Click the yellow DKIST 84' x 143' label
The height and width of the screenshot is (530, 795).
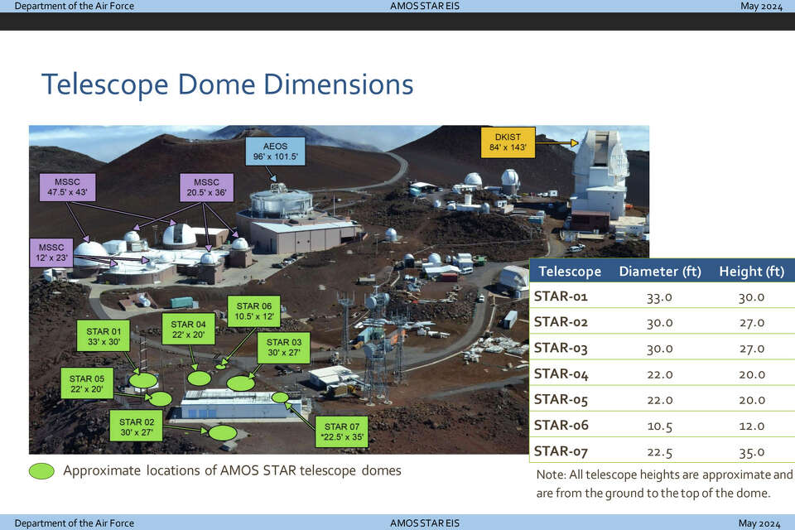click(x=508, y=142)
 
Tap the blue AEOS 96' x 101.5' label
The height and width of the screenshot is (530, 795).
click(x=275, y=152)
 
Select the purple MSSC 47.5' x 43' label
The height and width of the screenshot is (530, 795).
click(x=67, y=187)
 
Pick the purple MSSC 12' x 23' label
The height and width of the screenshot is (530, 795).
click(x=51, y=253)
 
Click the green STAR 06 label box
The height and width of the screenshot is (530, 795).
click(x=254, y=311)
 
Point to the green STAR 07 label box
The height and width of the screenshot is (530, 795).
click(x=342, y=431)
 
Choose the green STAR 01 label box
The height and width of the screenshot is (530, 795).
click(x=104, y=335)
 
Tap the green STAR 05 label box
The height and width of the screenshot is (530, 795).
click(x=87, y=384)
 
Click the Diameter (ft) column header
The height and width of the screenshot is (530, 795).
click(x=660, y=272)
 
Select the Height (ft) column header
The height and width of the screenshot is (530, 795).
click(x=751, y=272)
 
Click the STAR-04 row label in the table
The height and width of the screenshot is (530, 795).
click(x=561, y=373)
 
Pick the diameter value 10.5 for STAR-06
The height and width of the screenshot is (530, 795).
click(x=660, y=426)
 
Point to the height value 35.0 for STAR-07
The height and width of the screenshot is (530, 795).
click(x=751, y=451)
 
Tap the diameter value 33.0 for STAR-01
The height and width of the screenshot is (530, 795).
click(x=660, y=296)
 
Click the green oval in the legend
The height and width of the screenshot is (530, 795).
click(x=41, y=471)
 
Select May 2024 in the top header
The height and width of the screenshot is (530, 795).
click(x=761, y=6)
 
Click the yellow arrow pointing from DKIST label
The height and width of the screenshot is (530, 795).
click(x=556, y=143)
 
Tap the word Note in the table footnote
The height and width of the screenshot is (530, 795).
click(x=551, y=475)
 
